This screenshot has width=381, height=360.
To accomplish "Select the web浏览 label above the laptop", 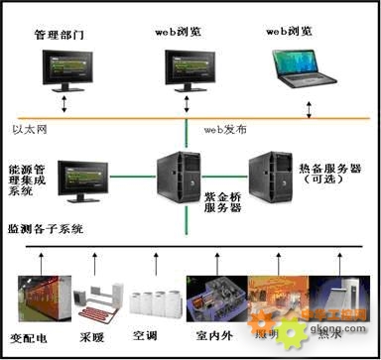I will pos(293,31).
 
